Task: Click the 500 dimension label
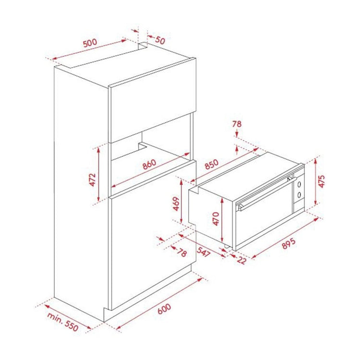pyautogui.click(x=90, y=43)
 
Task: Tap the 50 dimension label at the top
pyautogui.click(x=160, y=40)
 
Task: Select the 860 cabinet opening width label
pyautogui.click(x=149, y=164)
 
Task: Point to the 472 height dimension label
pyautogui.click(x=92, y=180)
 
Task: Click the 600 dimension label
pyautogui.click(x=164, y=309)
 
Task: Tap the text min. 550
pyautogui.click(x=63, y=322)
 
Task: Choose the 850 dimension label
pyautogui.click(x=212, y=164)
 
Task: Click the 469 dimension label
pyautogui.click(x=176, y=204)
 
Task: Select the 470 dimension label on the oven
pyautogui.click(x=216, y=218)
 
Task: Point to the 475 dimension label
pyautogui.click(x=322, y=181)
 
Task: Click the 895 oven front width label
pyautogui.click(x=288, y=243)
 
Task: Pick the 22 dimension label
pyautogui.click(x=241, y=260)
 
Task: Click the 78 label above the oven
pyautogui.click(x=237, y=124)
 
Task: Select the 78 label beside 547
pyautogui.click(x=182, y=252)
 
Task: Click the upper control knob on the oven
pyautogui.click(x=299, y=184)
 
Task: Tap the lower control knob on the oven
pyautogui.click(x=299, y=195)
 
